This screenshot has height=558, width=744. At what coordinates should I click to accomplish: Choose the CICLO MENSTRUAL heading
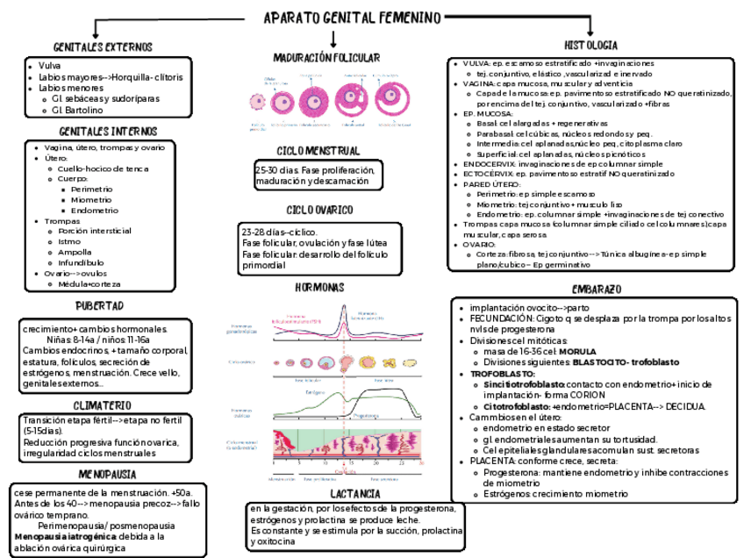318,151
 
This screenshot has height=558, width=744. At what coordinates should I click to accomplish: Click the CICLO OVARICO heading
319,211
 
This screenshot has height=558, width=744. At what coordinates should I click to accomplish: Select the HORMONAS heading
319,288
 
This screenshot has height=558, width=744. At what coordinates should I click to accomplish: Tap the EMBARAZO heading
597,289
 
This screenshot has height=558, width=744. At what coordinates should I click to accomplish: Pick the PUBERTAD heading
98,305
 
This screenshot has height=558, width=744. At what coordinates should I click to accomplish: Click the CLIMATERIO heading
102,405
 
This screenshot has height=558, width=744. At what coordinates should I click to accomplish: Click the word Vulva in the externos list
49,66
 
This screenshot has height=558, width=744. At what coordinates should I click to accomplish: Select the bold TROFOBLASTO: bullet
503,373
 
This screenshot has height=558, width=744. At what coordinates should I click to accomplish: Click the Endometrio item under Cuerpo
94,211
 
